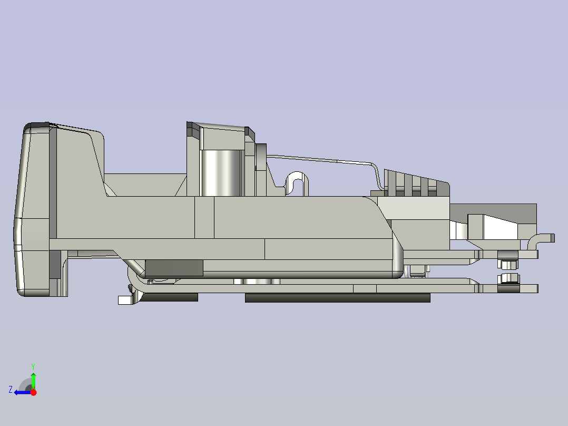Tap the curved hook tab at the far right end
pyautogui.click(x=543, y=238)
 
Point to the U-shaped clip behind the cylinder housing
pyautogui.click(x=297, y=182)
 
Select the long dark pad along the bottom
pyautogui.click(x=337, y=298)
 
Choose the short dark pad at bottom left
pyautogui.click(x=170, y=297)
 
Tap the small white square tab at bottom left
pyautogui.click(x=124, y=300)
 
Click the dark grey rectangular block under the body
pyautogui.click(x=173, y=268)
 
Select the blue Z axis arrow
pyautogui.click(x=21, y=392)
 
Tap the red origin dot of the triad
pyautogui.click(x=33, y=392)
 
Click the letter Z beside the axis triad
pyautogui.click(x=11, y=390)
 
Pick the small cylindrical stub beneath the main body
pyautogui.click(x=257, y=281)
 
